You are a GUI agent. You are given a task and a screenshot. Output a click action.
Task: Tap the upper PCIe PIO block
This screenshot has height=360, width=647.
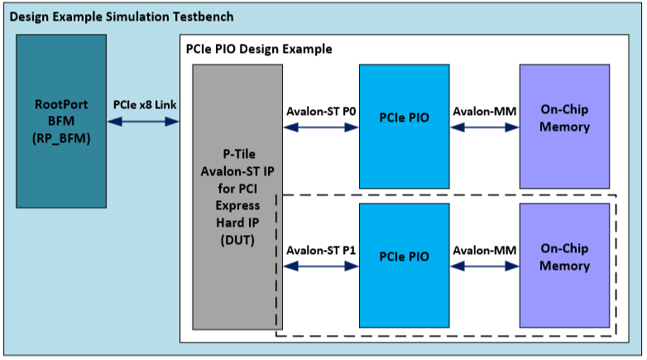pyautogui.click(x=404, y=118)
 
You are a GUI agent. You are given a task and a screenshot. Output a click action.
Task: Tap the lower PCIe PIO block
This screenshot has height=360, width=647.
pyautogui.click(x=404, y=257)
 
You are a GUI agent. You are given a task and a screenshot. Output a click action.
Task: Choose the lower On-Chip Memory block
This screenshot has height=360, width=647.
pyautogui.click(x=564, y=257)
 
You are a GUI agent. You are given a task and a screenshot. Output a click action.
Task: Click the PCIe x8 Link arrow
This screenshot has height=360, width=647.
pyautogui.click(x=144, y=122)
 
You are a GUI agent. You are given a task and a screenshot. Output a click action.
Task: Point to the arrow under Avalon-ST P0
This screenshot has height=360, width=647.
pyautogui.click(x=321, y=127)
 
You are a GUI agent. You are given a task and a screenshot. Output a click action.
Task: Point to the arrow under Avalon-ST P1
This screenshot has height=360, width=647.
pyautogui.click(x=321, y=266)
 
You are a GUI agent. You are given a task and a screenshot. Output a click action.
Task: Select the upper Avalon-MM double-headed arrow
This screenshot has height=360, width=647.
pyautogui.click(x=484, y=127)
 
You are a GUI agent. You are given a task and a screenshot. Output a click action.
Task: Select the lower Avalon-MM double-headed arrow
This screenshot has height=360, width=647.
pyautogui.click(x=484, y=266)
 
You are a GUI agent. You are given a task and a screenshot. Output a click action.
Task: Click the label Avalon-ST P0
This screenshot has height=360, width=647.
pyautogui.click(x=321, y=111)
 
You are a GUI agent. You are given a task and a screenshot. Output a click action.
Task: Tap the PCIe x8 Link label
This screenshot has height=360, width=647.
pyautogui.click(x=144, y=105)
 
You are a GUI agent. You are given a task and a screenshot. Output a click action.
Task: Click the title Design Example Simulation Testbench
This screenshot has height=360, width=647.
pyautogui.click(x=122, y=17)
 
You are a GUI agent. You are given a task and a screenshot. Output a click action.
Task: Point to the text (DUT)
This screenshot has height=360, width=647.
pyautogui.click(x=237, y=240)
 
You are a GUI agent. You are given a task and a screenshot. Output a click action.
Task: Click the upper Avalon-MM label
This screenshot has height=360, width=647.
pyautogui.click(x=484, y=111)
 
